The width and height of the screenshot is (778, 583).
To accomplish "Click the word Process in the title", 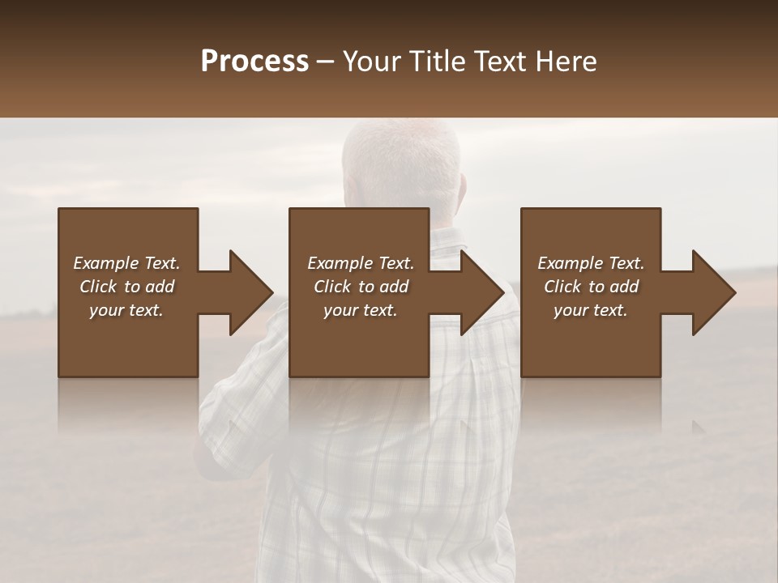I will (254, 62).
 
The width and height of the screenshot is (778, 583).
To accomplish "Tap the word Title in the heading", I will (438, 62).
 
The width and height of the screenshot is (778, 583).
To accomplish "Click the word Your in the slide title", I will (373, 62).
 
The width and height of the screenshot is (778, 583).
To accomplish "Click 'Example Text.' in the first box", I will (126, 263).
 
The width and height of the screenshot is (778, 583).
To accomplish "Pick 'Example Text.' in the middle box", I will (361, 263).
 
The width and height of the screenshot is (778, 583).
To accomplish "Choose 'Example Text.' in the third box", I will (591, 263).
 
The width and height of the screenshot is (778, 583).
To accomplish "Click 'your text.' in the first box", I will (126, 310).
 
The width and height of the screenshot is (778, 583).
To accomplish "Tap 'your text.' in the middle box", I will (361, 310).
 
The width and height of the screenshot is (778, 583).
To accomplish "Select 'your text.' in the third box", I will (591, 310).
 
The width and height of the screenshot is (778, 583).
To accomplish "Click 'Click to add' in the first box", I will (126, 287).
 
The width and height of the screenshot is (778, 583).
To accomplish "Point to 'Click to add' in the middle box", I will (361, 287).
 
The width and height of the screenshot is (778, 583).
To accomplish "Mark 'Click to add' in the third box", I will (591, 287).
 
